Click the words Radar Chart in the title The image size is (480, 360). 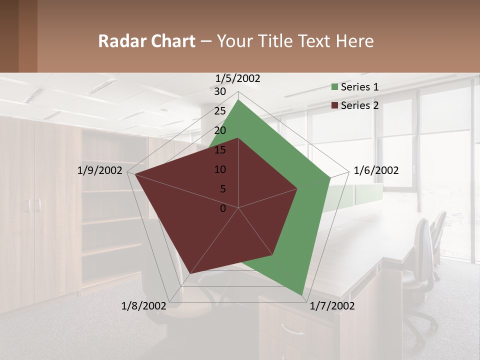(x=146, y=41)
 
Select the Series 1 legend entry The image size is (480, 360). (x=359, y=87)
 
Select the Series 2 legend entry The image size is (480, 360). (x=359, y=105)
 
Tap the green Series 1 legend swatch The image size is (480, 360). (x=335, y=87)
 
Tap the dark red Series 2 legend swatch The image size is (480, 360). (x=335, y=105)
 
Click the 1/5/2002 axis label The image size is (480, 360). (x=238, y=78)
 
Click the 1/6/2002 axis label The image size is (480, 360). (x=376, y=170)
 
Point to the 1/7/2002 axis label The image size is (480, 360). (x=332, y=306)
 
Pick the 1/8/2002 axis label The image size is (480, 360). (x=144, y=306)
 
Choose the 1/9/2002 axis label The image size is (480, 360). (x=100, y=170)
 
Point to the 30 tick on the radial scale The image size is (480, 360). (x=220, y=91)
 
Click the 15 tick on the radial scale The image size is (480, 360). (x=220, y=150)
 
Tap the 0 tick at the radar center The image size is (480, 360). (x=223, y=208)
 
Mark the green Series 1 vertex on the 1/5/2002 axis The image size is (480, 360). (x=238, y=99)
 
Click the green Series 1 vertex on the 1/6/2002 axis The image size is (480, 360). (x=330, y=177)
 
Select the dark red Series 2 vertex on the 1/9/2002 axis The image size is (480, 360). (x=134, y=174)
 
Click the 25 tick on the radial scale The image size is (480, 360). (x=220, y=111)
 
